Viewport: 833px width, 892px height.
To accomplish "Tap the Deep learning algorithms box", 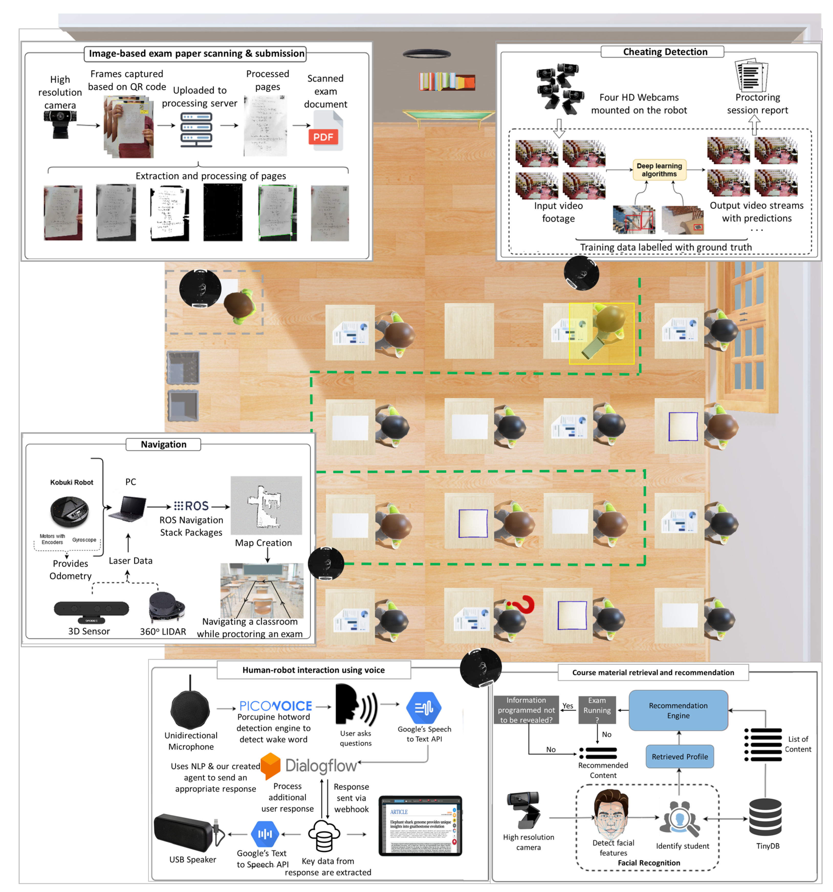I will point(659,170).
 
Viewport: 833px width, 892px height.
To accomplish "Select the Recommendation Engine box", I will point(678,710).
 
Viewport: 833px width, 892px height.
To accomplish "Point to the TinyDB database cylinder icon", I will point(765,817).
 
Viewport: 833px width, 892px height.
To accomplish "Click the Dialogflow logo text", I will point(321,765).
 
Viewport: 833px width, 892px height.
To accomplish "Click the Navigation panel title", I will point(163,444).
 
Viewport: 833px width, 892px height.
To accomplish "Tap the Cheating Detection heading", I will point(665,52).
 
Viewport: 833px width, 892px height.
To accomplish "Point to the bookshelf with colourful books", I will point(447,81).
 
